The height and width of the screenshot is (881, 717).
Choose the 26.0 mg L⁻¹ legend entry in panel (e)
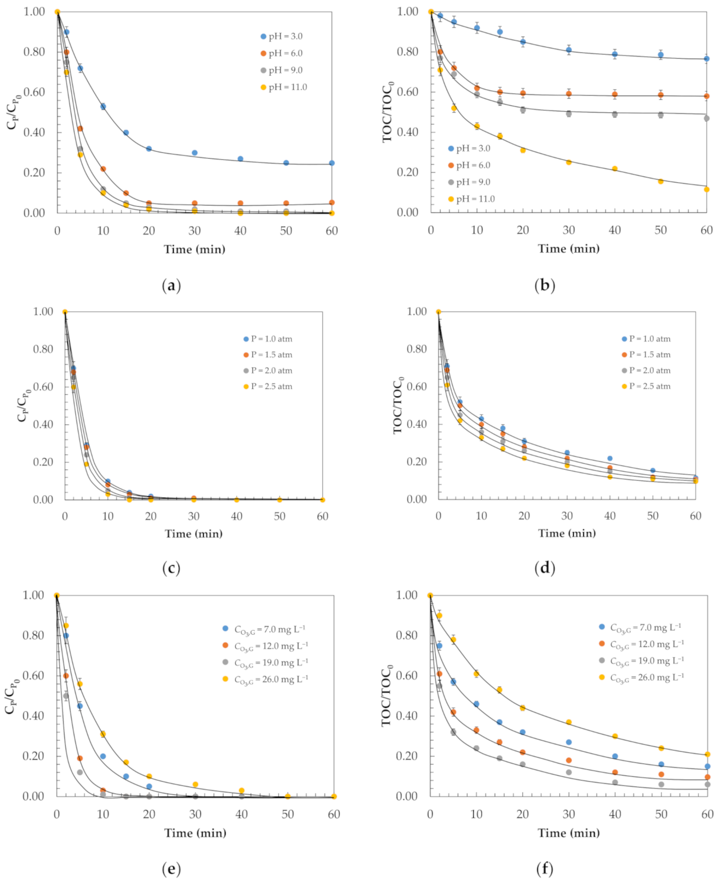tap(271, 679)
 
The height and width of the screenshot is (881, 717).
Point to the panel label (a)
tap(171, 286)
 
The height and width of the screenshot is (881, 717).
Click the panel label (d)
tap(544, 567)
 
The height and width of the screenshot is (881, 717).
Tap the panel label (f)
tap(544, 869)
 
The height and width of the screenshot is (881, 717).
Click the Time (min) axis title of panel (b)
tap(568, 249)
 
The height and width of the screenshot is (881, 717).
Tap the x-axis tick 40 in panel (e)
tap(242, 814)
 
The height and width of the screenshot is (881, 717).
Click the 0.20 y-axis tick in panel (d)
tap(417, 462)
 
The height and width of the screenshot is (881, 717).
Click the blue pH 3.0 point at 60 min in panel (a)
tap(331, 163)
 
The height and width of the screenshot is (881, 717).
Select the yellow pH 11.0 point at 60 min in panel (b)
tap(706, 189)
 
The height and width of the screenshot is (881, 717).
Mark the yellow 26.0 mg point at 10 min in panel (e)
tap(103, 734)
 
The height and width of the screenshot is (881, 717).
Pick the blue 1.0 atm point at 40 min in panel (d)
tap(610, 458)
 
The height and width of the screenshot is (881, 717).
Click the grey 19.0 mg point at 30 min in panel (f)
tap(569, 772)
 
